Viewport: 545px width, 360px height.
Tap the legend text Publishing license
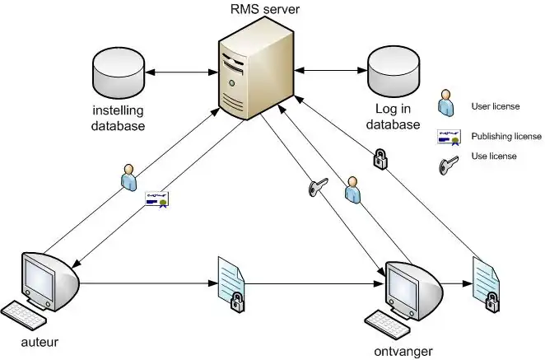tap(505, 136)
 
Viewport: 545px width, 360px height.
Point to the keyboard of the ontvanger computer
tap(387, 322)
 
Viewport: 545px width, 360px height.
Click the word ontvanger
tap(402, 350)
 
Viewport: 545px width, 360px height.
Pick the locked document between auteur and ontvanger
tap(229, 283)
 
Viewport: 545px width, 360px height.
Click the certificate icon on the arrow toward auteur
tap(156, 198)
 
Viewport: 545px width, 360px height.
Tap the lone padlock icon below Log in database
tap(381, 157)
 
